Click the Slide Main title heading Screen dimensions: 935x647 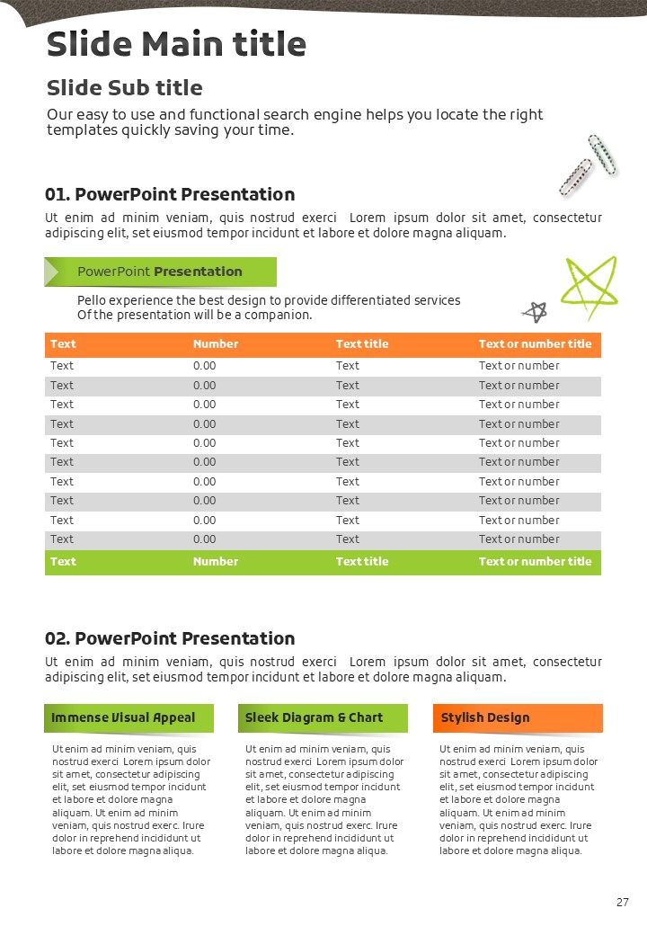[x=176, y=44]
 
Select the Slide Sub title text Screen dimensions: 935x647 [x=124, y=88]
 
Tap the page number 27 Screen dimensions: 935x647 [x=623, y=903]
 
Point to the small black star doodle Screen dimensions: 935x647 [x=536, y=312]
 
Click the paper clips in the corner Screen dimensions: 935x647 [x=588, y=165]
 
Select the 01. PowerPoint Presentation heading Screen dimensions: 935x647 [x=170, y=194]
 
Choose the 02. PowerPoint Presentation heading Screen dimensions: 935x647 [x=170, y=638]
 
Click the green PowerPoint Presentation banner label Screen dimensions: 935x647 [x=160, y=272]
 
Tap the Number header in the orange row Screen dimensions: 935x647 [x=216, y=344]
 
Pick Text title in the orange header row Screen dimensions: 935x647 [x=362, y=344]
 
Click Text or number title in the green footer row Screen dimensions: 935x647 [x=535, y=562]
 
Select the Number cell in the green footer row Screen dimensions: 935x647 [x=216, y=562]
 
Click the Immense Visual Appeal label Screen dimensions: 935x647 [x=123, y=717]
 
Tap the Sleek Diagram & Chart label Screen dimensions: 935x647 [x=314, y=717]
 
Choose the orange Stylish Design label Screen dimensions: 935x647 [x=485, y=717]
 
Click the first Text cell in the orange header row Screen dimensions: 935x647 [x=63, y=344]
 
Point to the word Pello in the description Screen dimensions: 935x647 [x=91, y=300]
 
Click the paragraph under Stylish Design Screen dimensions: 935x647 [x=517, y=799]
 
